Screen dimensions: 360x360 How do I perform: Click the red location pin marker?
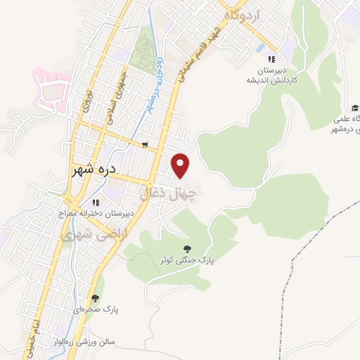(x=182, y=166)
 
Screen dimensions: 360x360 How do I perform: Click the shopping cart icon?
(x=145, y=146)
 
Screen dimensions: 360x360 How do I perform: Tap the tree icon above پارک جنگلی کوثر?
(x=187, y=248)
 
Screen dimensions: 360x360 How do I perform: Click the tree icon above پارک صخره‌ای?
(x=95, y=298)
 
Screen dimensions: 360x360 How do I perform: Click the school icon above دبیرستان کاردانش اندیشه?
(x=271, y=58)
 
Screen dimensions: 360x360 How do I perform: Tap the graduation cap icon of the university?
(x=355, y=107)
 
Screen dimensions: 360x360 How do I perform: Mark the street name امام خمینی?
(x=40, y=326)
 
